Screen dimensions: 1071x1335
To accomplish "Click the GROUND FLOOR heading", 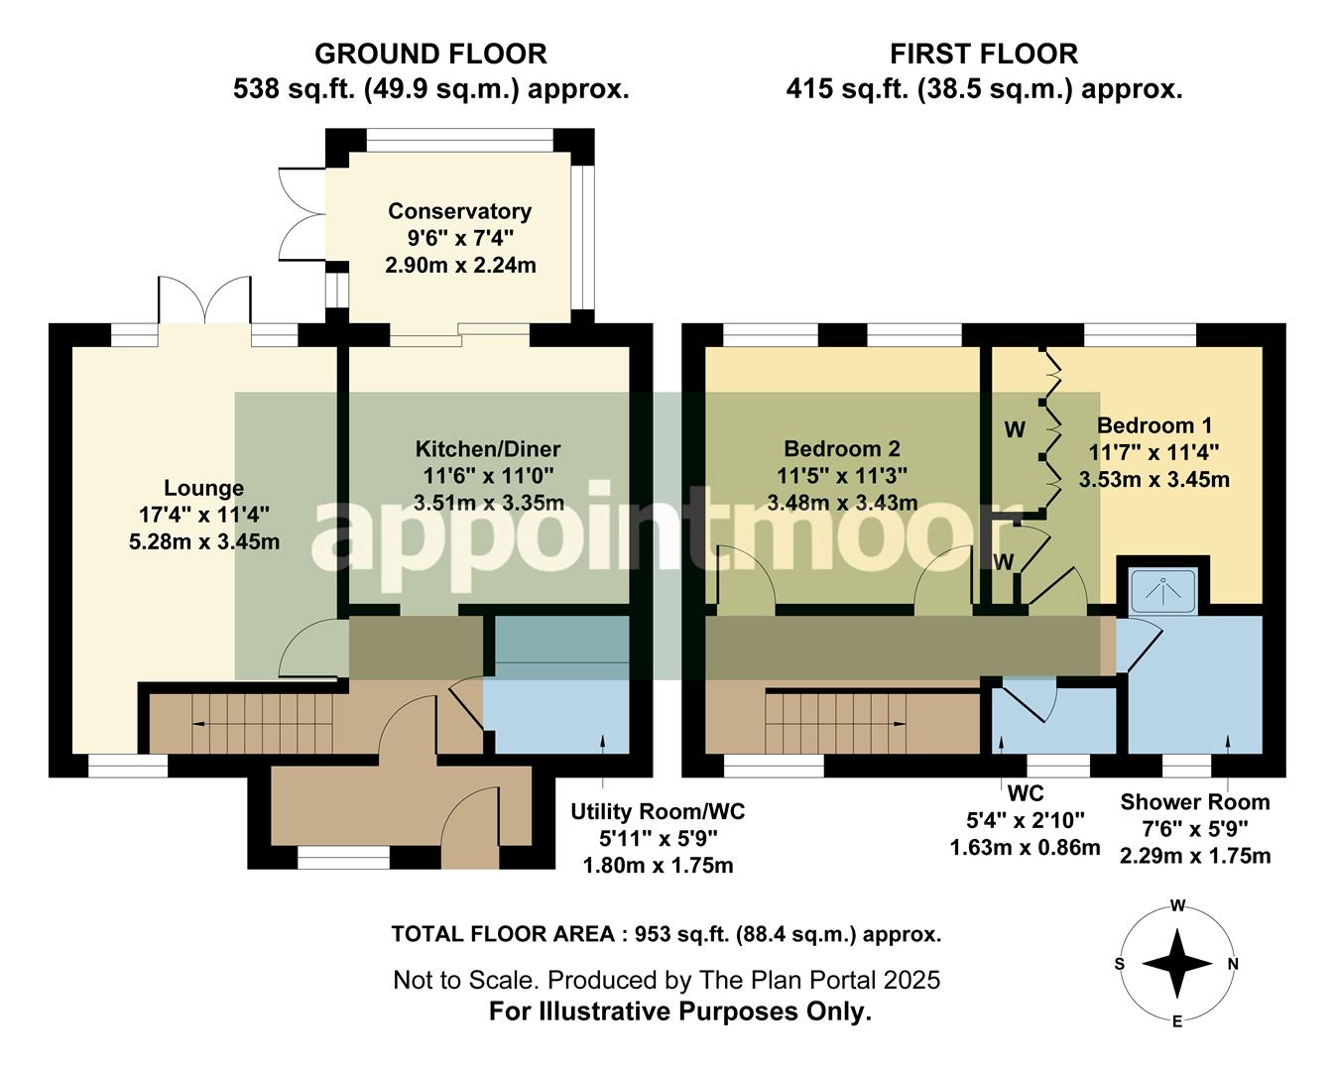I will pos(430,54).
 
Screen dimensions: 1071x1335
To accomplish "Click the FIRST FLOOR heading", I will pos(983,54).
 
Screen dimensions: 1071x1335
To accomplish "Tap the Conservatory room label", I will pos(459,211).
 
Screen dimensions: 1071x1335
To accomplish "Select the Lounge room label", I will pos(203,488).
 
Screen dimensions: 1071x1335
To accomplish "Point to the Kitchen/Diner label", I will pos(488,449).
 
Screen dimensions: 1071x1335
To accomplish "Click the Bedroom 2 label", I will pos(841,449).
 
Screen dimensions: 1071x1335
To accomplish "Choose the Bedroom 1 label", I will pos(1153,426).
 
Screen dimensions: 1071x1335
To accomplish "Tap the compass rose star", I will pos(1177,963).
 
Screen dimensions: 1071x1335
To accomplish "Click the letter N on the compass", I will pos(1233,964).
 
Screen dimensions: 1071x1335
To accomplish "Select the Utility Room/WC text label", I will pos(657,812).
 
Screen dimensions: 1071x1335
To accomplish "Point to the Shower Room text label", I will pos(1194,802).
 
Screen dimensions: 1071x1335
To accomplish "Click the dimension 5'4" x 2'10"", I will pos(1025,820).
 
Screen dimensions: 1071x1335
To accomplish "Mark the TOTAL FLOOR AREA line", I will pos(666,934).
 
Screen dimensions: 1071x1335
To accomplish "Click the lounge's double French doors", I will pos(204,300).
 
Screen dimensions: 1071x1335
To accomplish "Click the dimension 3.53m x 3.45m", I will pos(1153,480).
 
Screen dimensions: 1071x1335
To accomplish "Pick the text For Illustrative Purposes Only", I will pos(679,1012).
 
